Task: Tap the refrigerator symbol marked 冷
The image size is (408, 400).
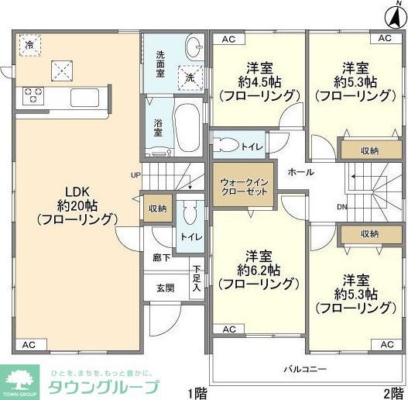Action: tap(29, 44)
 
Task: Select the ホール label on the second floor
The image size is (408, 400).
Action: tap(300, 171)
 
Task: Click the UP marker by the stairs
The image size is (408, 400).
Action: tap(135, 174)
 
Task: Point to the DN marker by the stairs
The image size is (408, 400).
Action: tap(341, 207)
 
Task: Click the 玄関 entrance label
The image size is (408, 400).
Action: tap(165, 288)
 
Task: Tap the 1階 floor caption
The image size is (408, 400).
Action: tap(197, 392)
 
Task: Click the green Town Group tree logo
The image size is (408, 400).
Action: tap(21, 381)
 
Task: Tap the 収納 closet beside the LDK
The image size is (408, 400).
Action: tap(157, 208)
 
